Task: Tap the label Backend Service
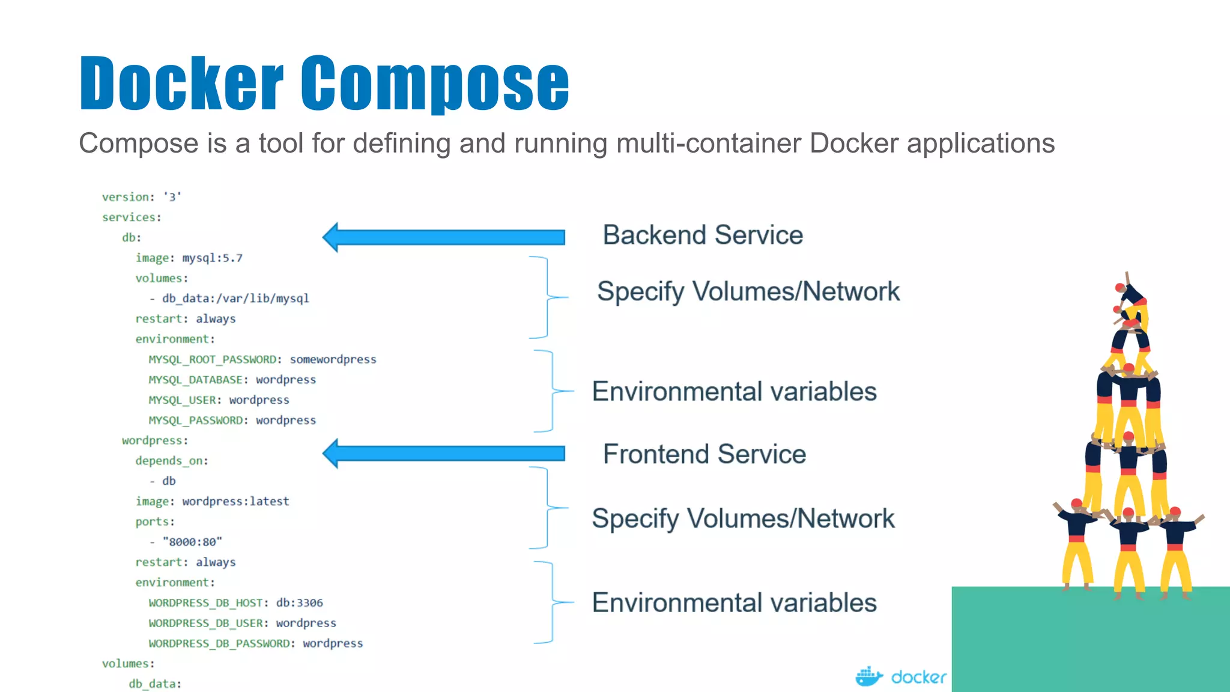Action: pos(703,235)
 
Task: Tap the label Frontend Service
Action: pos(704,454)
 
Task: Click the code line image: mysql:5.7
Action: pos(189,258)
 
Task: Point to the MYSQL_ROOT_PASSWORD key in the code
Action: pos(212,359)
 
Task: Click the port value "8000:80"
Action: pos(192,542)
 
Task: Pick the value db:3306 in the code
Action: pos(299,602)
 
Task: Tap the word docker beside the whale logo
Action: pos(918,678)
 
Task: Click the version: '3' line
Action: pos(141,197)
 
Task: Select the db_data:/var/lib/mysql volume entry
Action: pos(235,299)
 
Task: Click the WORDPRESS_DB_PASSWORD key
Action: pos(219,643)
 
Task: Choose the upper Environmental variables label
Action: pos(734,392)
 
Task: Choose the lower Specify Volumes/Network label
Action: pos(743,518)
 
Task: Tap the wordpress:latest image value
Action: pos(235,502)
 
